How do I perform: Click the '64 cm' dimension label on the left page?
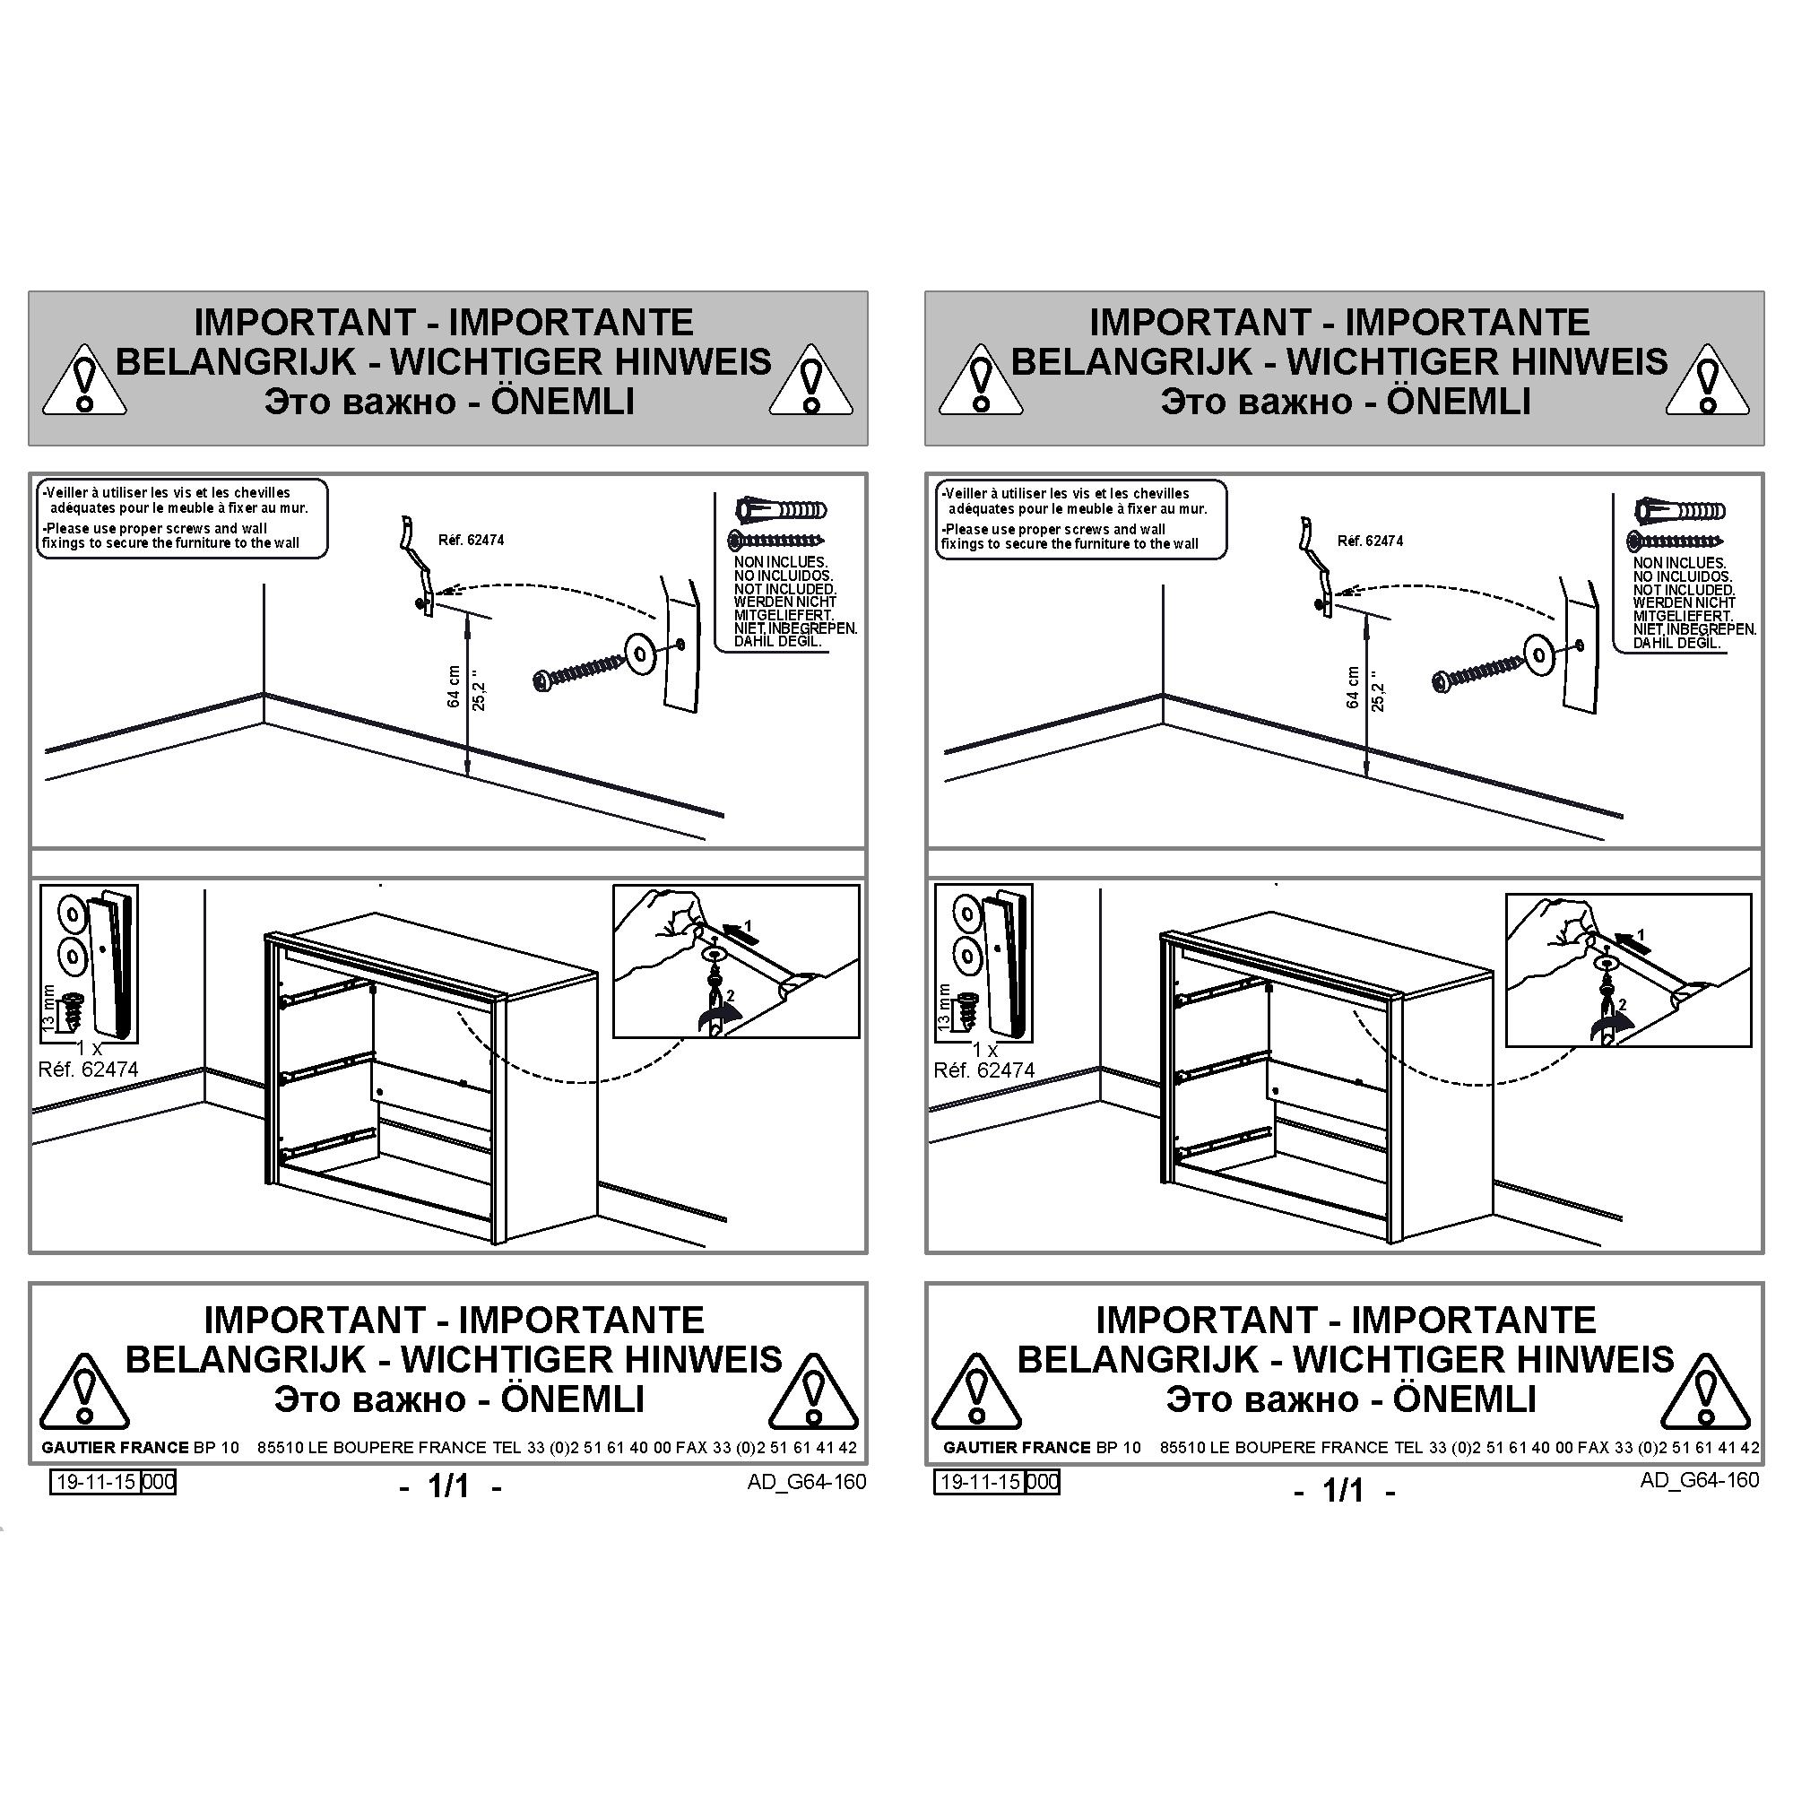point(454,687)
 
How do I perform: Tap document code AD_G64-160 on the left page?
point(807,1482)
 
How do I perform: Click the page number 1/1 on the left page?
point(449,1486)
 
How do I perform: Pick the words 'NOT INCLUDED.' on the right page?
point(1685,590)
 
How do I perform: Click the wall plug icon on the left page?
point(781,509)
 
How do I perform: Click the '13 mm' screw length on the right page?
point(944,1006)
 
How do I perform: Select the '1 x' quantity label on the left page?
point(89,1048)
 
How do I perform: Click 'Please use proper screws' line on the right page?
point(1054,529)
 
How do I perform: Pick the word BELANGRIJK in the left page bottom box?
point(246,1361)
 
